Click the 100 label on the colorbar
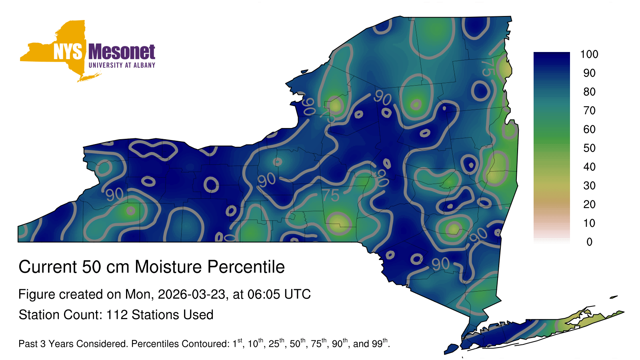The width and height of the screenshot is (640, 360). point(589,54)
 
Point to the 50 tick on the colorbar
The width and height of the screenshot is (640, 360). point(589,148)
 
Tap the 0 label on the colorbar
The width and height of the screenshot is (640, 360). point(590,242)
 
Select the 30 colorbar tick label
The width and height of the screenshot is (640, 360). point(589,186)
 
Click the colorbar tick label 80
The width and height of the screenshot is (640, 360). point(589,92)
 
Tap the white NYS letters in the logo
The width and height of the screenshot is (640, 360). point(68,52)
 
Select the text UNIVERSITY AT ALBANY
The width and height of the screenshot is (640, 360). point(122,65)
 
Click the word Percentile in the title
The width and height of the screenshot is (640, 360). point(246,267)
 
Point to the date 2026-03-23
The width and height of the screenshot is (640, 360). point(192,294)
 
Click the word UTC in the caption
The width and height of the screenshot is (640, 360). point(298,294)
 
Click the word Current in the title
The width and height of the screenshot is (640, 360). point(48,267)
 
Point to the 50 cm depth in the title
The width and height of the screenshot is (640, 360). point(106,267)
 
